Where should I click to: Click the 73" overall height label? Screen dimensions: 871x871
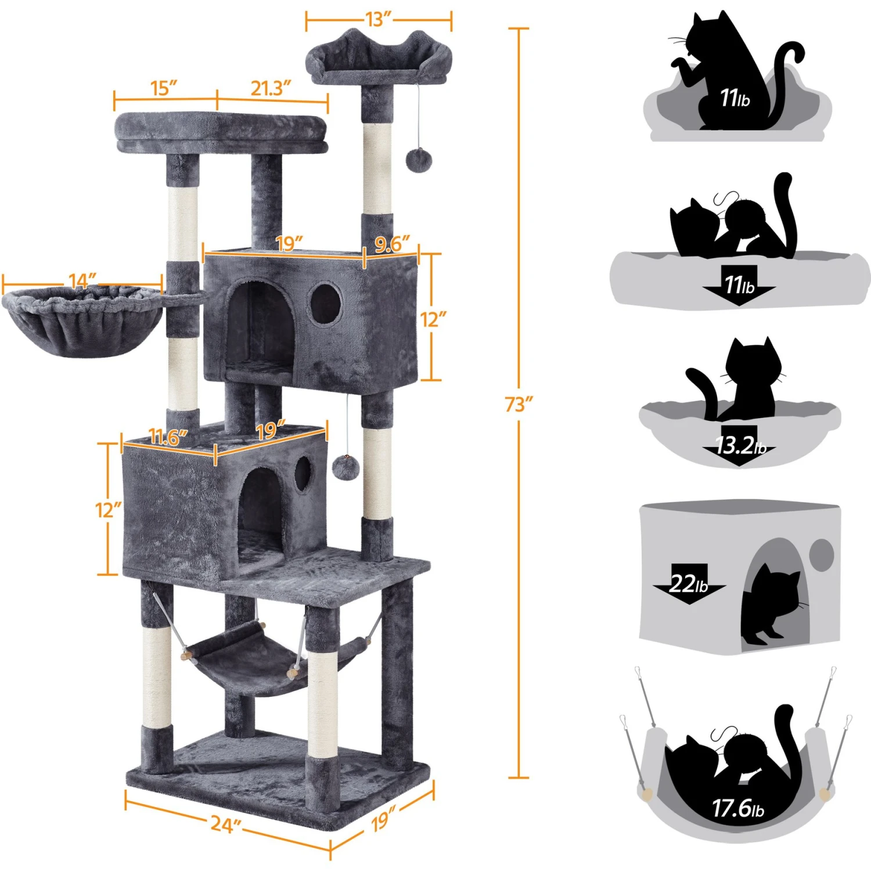[519, 404]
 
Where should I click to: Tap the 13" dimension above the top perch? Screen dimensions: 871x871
[379, 19]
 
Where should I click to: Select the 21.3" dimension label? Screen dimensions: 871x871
[271, 88]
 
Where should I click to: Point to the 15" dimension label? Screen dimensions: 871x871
[163, 88]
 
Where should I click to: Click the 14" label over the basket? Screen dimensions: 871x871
[82, 281]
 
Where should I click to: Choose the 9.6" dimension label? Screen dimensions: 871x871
[392, 244]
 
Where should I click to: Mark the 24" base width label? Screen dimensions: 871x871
[225, 824]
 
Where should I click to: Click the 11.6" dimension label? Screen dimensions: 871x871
[168, 437]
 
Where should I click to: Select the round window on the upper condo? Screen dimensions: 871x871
[325, 303]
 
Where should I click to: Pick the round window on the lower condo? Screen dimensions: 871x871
[303, 474]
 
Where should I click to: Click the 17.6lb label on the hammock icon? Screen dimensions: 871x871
[738, 808]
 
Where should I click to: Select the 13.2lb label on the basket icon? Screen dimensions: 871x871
[740, 446]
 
